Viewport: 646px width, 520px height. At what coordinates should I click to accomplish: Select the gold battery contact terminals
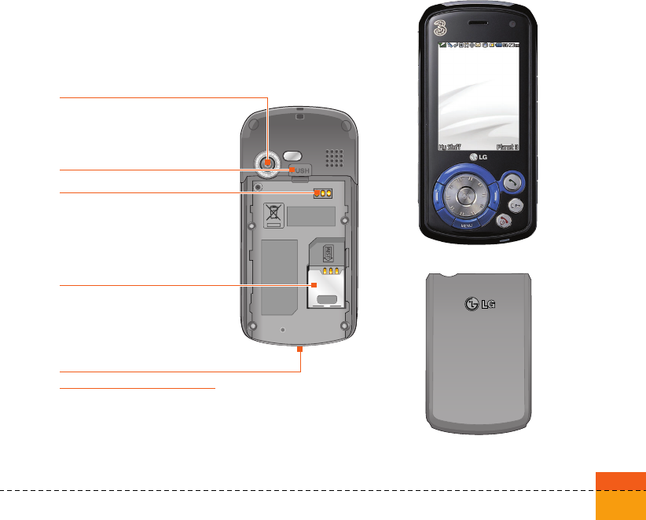(323, 193)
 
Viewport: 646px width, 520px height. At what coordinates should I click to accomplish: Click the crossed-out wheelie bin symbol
(273, 214)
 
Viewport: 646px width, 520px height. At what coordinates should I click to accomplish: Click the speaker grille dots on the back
(335, 160)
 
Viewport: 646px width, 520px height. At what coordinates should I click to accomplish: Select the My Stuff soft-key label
(448, 146)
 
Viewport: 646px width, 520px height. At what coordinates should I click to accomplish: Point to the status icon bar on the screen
(479, 46)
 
